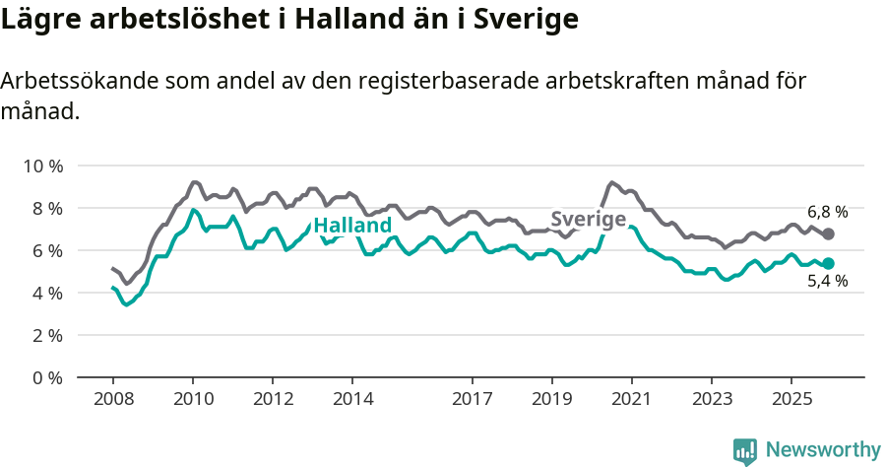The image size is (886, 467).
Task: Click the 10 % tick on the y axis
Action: pyautogui.click(x=42, y=166)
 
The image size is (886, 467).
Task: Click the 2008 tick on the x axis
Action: pyautogui.click(x=113, y=399)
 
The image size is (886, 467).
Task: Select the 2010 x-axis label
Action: pyautogui.click(x=193, y=399)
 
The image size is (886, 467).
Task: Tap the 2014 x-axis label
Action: pyautogui.click(x=352, y=399)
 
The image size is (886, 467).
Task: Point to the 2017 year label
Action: pyautogui.click(x=473, y=399)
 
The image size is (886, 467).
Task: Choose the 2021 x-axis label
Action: pyautogui.click(x=631, y=399)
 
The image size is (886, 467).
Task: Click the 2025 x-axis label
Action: pyautogui.click(x=791, y=399)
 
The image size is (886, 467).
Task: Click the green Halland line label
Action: pyautogui.click(x=352, y=226)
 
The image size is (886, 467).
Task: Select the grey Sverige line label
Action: pyautogui.click(x=589, y=219)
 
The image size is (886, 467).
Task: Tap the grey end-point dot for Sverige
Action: pyautogui.click(x=828, y=233)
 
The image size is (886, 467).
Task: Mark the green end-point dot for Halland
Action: pyautogui.click(x=828, y=263)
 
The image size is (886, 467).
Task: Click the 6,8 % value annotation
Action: pyautogui.click(x=827, y=212)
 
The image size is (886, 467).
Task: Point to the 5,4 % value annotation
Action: pyautogui.click(x=827, y=282)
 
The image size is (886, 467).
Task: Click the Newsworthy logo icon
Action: pyautogui.click(x=745, y=451)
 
